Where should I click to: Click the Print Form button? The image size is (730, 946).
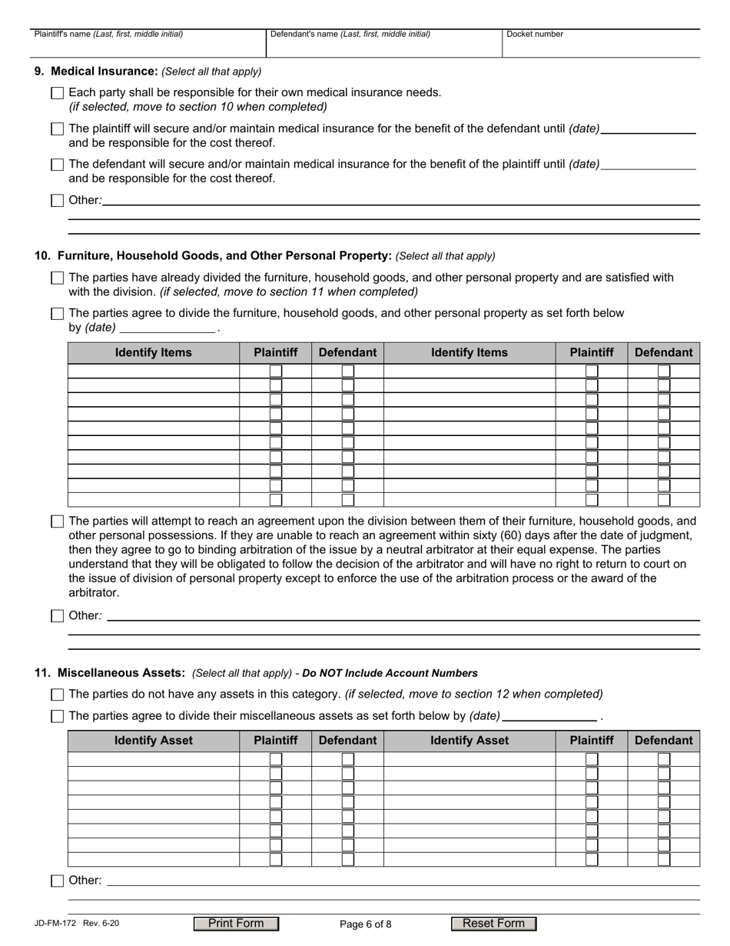(236, 924)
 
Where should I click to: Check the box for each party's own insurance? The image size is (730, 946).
(58, 93)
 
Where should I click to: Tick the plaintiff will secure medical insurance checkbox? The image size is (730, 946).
(58, 129)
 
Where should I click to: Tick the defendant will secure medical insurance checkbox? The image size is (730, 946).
(58, 165)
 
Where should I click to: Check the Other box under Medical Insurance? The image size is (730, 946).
(58, 201)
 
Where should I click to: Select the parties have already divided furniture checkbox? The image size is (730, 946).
(58, 278)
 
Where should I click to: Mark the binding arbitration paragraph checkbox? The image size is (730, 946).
(58, 521)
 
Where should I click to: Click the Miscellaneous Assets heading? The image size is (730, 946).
(110, 673)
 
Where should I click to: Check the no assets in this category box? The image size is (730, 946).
(58, 695)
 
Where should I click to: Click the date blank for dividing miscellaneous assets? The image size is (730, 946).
(549, 716)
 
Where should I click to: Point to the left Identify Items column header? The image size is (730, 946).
(154, 352)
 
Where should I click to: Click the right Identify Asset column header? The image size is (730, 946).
(470, 741)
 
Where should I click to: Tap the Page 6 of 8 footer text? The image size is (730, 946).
(365, 924)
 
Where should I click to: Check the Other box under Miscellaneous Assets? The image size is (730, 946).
(58, 881)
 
